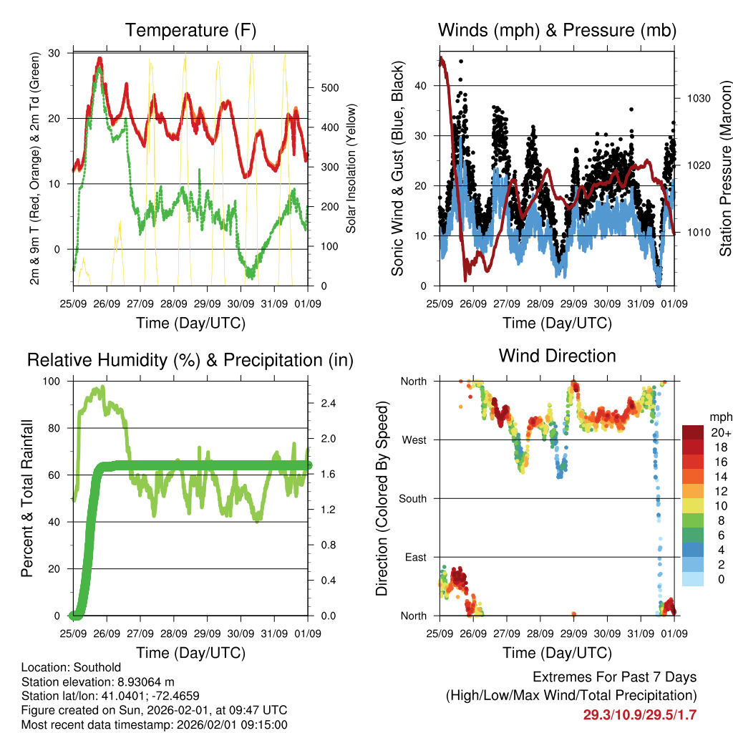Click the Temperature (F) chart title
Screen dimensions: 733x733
click(x=190, y=30)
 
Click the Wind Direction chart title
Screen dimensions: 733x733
click(x=557, y=356)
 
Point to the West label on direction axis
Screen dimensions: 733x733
click(x=414, y=440)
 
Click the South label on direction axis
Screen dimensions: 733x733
click(x=412, y=498)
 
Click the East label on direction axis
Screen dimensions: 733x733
click(x=415, y=557)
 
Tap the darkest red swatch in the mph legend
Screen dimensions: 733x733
click(x=692, y=432)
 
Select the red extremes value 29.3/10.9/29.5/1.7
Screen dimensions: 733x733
click(x=639, y=714)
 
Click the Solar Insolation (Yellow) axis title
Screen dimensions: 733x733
click(x=351, y=168)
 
